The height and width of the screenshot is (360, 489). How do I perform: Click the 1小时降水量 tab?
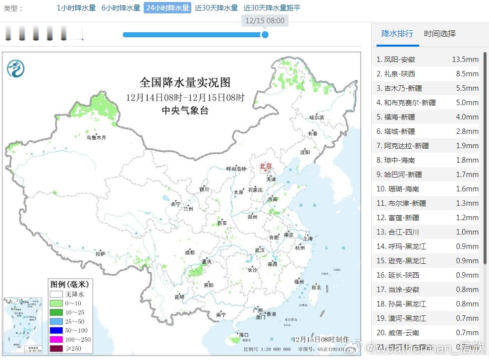[x=76, y=8]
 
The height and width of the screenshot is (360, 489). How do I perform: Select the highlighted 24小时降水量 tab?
[x=167, y=8]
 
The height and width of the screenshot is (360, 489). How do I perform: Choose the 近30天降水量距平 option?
[x=272, y=8]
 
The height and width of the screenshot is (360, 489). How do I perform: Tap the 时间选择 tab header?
[x=439, y=34]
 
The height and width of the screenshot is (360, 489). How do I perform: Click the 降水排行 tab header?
[x=397, y=34]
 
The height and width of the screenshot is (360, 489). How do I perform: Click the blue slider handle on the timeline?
[x=265, y=35]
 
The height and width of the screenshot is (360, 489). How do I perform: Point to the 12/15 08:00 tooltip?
[x=265, y=21]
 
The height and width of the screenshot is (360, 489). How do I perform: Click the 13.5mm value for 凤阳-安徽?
[x=465, y=60]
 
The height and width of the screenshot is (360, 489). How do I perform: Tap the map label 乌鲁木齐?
[x=96, y=138]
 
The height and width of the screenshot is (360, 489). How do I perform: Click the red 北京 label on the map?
[x=266, y=167]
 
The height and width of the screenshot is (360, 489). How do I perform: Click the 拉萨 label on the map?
[x=101, y=253]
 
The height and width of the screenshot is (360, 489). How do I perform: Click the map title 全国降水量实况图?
[x=185, y=82]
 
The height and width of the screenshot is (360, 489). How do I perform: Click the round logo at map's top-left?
[x=16, y=67]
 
